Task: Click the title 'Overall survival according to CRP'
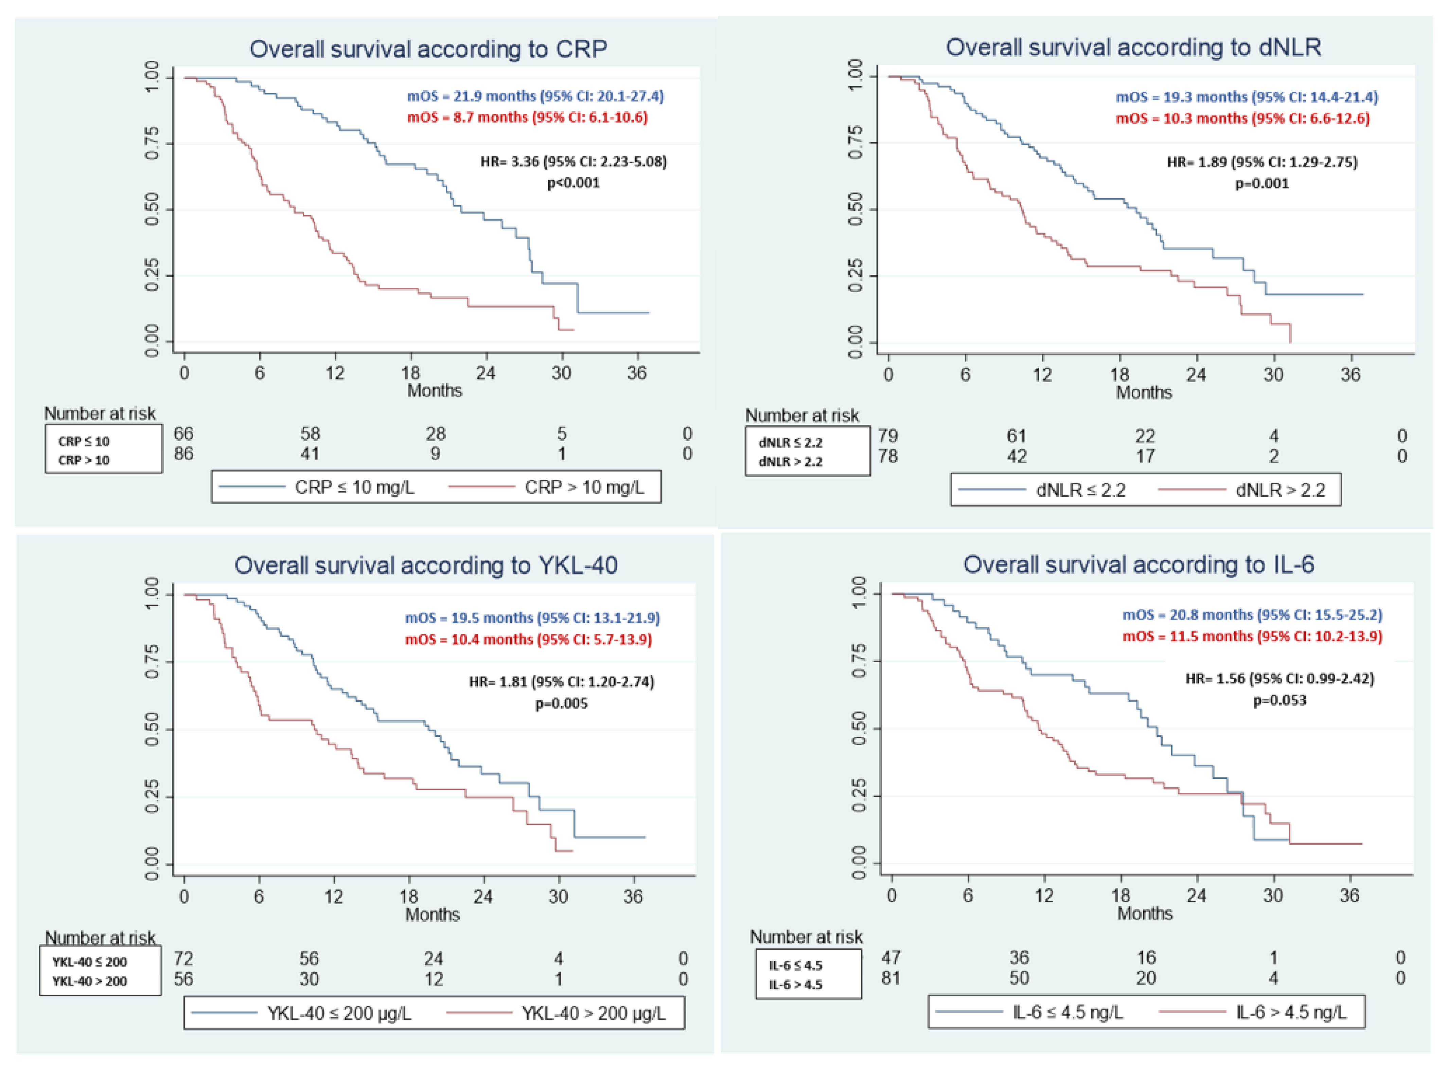click(x=428, y=49)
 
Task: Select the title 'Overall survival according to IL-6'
click(x=1139, y=565)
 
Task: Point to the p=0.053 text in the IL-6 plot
click(x=1280, y=700)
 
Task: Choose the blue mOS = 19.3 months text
click(x=1247, y=97)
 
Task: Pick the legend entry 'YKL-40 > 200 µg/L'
click(x=593, y=1013)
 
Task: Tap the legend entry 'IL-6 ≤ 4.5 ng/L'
click(x=1067, y=1012)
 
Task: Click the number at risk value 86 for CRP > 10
click(x=184, y=454)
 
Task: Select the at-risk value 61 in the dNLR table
click(x=1016, y=436)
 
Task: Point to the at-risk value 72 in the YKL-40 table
click(x=184, y=959)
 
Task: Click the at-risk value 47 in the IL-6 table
click(x=892, y=957)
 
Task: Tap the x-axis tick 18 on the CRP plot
click(x=410, y=373)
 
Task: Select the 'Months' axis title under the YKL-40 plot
click(x=432, y=914)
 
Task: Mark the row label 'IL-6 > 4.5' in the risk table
click(x=796, y=984)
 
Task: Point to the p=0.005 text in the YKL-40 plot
click(x=561, y=703)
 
